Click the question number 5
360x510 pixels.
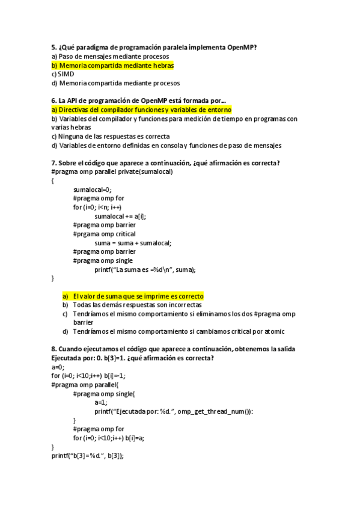coord(54,46)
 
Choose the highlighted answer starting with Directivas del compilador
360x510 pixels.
coord(141,110)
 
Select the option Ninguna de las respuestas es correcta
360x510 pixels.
coord(114,137)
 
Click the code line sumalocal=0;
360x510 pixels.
coord(93,189)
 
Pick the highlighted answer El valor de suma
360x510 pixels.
coord(138,296)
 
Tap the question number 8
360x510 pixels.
coord(54,349)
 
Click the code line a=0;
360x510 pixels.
coord(58,367)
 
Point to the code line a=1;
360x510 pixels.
coord(101,402)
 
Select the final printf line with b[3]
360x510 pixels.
coord(88,456)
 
